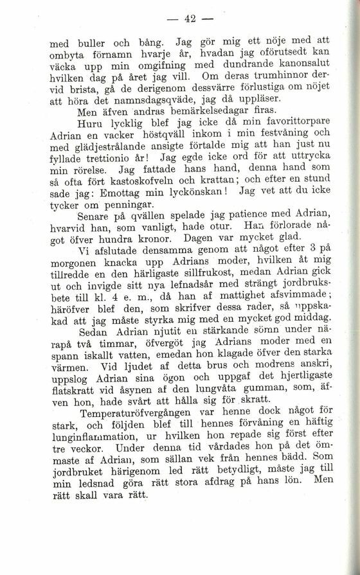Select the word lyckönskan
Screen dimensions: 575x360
point(199,199)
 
